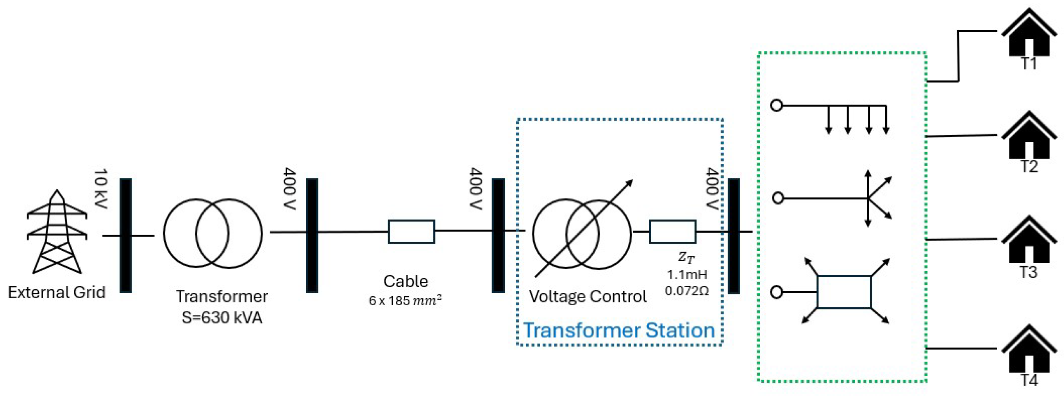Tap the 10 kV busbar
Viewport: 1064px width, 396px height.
125,236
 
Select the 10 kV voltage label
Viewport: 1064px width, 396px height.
101,188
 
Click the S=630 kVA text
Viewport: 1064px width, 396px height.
222,318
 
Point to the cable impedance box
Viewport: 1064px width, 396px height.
411,232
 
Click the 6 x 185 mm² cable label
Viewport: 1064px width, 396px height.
405,301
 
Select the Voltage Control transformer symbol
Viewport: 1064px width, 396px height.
582,234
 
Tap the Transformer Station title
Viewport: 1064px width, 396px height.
619,330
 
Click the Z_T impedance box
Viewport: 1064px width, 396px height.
672,232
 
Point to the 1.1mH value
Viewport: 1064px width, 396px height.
687,275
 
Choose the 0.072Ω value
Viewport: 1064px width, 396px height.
687,291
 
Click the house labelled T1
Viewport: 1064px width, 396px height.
1029,39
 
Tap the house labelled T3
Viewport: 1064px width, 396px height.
1029,246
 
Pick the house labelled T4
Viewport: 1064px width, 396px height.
1029,355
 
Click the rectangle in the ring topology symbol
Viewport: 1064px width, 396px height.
844,292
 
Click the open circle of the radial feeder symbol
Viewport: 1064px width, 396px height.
776,105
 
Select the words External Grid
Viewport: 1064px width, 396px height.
57,292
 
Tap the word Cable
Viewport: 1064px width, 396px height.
406,281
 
